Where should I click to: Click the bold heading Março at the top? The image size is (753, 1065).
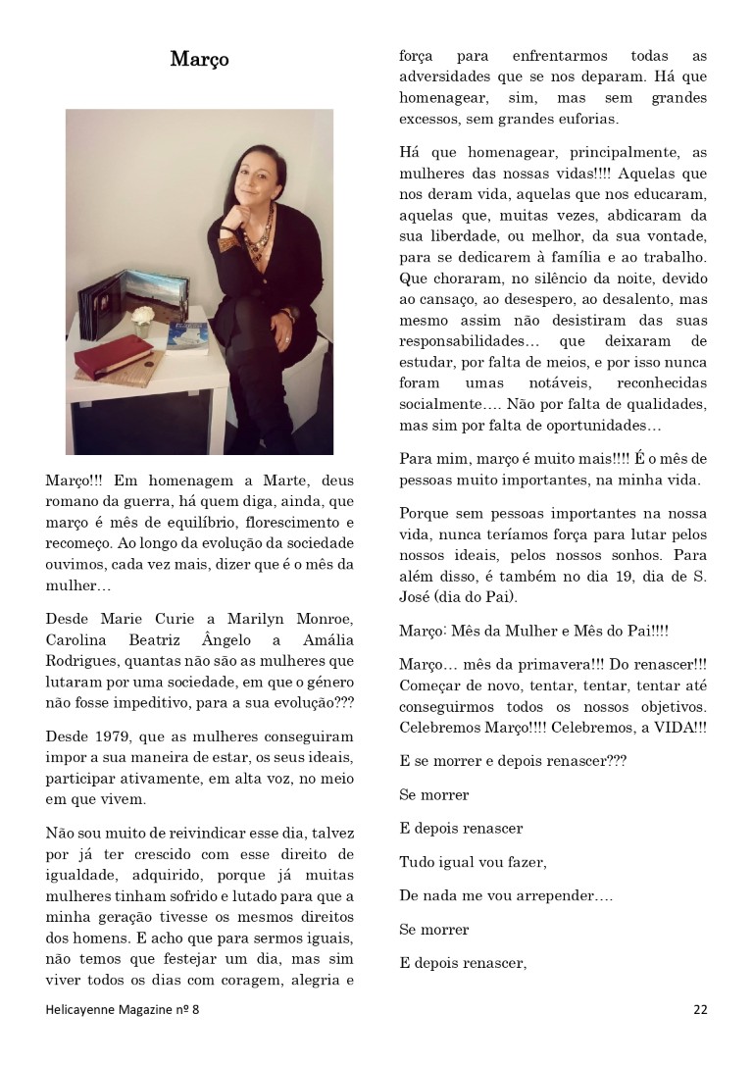(x=199, y=59)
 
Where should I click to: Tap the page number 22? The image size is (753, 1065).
(x=700, y=1009)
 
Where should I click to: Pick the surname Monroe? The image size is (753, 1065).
(x=322, y=619)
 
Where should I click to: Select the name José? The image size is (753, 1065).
(x=419, y=596)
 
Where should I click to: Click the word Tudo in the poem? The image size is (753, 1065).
(x=417, y=863)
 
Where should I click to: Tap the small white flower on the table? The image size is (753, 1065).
(x=144, y=316)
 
